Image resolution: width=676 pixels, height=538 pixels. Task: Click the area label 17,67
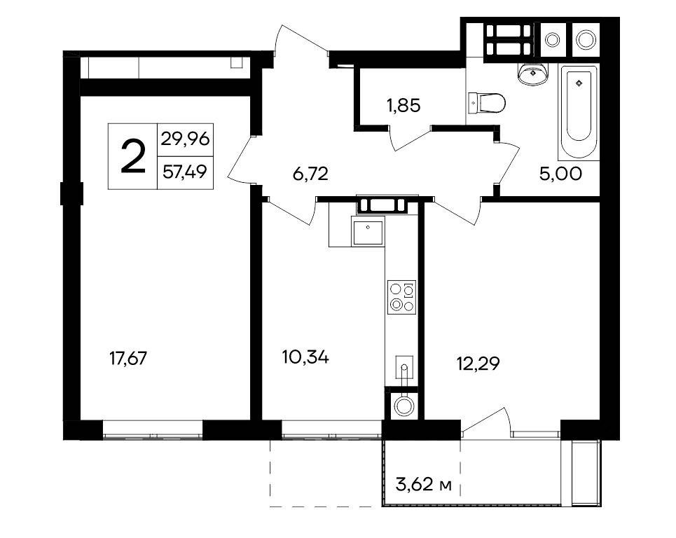pos(128,358)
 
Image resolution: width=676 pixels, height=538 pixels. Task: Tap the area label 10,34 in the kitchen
pos(305,357)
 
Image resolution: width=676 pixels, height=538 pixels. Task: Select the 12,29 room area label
pos(478,364)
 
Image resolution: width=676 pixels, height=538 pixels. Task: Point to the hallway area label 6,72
pos(310,174)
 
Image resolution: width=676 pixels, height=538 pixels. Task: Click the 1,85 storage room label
pos(403,105)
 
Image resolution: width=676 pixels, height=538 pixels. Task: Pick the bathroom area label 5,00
pos(560,174)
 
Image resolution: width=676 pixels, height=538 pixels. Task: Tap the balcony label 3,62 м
pos(423,485)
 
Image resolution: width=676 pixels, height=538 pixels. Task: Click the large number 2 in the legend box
pos(133,156)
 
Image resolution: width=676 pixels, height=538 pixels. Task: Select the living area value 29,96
pos(186,139)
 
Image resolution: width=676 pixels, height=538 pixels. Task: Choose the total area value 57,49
pos(186,172)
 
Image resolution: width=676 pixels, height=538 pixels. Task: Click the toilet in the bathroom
pos(487,104)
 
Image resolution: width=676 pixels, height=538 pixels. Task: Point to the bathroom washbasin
pos(533,74)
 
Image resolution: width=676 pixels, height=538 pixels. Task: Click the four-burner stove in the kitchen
pos(402,298)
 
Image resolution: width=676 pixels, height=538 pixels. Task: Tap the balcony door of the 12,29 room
pos(485,419)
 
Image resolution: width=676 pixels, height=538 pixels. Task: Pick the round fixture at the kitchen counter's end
pos(404,405)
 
